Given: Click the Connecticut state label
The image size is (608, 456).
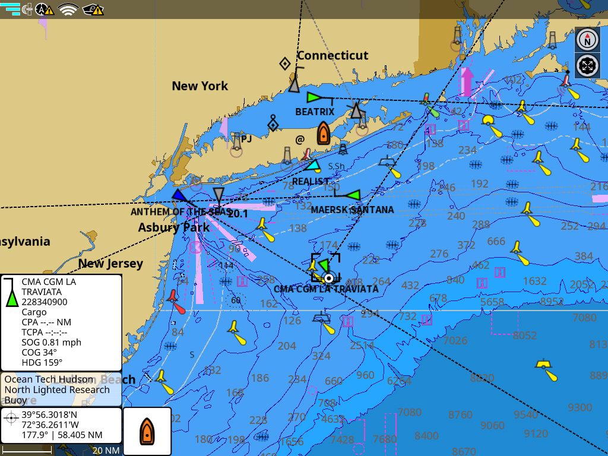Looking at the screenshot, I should pos(332,55).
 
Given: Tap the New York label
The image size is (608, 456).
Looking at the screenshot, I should pos(199,85).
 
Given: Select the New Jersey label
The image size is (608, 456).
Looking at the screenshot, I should pos(110,263).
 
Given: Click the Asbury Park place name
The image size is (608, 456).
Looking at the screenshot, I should pos(173,227).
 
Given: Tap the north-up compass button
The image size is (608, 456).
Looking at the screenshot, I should pos(587,40).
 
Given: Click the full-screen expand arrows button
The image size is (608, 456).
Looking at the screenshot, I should pos(587,65).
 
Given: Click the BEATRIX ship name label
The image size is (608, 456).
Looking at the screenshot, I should pos(315,112).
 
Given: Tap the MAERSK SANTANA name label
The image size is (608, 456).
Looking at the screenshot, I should pos(352,210).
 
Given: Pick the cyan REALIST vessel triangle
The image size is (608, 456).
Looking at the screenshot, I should pos(312,166).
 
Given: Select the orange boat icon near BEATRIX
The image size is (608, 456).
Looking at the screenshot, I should pos(323,133).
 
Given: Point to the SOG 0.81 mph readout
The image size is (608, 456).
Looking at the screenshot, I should pos(51,342).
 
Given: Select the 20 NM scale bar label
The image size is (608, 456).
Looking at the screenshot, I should pos(106,450).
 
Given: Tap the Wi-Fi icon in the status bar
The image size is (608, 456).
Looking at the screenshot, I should pos(68,9).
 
